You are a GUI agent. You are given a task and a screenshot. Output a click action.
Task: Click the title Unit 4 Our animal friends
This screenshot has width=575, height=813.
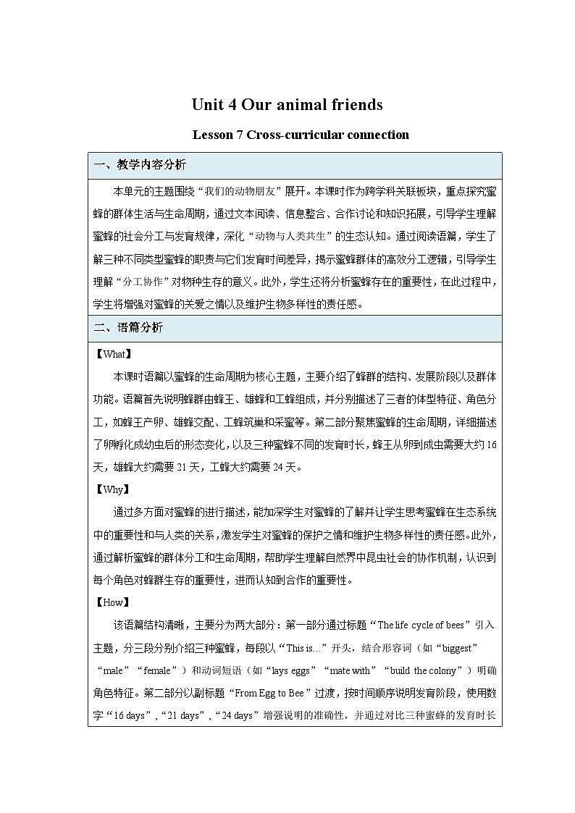point(287,105)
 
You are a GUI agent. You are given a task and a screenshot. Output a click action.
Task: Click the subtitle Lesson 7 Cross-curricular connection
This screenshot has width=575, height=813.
point(301,135)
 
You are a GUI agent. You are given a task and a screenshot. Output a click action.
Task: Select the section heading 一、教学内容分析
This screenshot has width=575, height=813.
point(140,165)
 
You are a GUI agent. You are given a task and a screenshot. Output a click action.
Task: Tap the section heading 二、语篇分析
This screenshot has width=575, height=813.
point(129,327)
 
